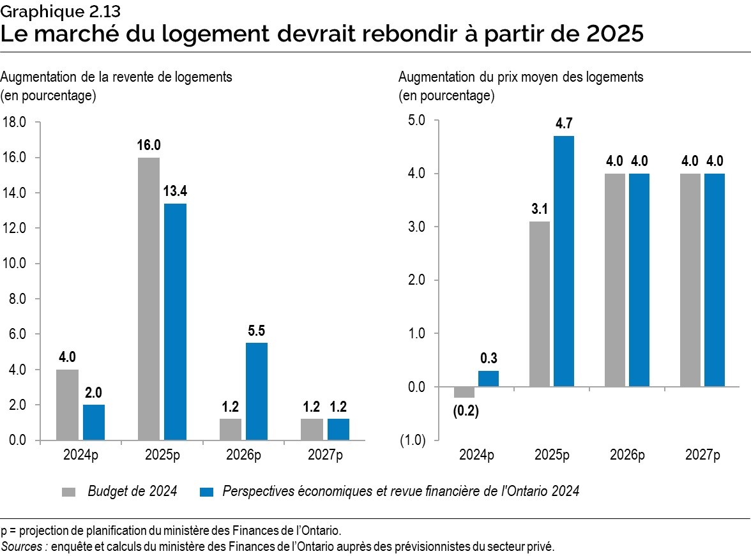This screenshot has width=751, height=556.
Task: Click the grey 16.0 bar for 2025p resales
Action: (x=149, y=299)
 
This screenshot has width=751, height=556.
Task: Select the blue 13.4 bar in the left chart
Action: (x=175, y=322)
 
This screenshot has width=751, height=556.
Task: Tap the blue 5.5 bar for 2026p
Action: (x=256, y=391)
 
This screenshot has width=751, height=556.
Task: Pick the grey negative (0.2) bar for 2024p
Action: (x=464, y=392)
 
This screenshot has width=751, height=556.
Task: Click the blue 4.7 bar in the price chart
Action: (x=563, y=261)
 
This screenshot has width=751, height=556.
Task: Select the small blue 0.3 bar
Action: (x=489, y=379)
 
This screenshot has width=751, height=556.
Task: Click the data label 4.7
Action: (x=563, y=124)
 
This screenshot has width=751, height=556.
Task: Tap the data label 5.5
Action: (x=256, y=331)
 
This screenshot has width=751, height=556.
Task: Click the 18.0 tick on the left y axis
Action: (x=13, y=122)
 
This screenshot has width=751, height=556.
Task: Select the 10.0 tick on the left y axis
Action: (x=13, y=264)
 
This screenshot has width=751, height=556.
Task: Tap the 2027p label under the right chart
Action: (x=702, y=455)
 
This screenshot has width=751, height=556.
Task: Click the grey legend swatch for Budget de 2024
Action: (x=69, y=492)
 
